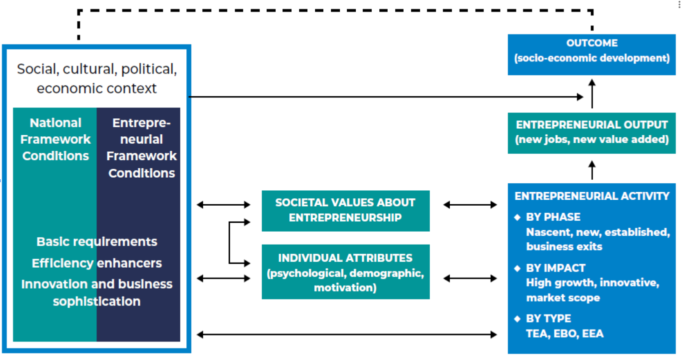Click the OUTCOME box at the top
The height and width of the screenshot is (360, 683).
[592, 54]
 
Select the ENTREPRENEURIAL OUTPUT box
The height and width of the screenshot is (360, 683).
[592, 132]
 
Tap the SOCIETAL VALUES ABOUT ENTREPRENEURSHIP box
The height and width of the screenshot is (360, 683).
[345, 210]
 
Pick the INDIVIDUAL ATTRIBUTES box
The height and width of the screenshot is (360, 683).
[345, 272]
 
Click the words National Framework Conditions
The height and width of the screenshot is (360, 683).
[55, 139]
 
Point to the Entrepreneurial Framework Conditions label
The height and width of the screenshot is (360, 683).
[141, 148]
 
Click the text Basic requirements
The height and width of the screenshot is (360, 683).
[97, 242]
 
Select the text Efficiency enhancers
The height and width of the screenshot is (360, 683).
[97, 263]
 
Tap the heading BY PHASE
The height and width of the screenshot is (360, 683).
[553, 217]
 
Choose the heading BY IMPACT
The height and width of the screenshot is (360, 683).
[556, 268]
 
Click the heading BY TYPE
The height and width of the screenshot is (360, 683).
[548, 319]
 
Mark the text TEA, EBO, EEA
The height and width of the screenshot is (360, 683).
[565, 334]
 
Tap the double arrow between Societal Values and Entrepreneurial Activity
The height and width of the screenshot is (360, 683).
[470, 205]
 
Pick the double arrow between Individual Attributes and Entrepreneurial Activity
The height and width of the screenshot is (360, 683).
[470, 278]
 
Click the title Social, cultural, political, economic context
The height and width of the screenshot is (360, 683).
[97, 78]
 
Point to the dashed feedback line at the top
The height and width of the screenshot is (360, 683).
[335, 10]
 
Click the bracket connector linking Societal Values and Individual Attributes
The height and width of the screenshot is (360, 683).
[230, 242]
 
